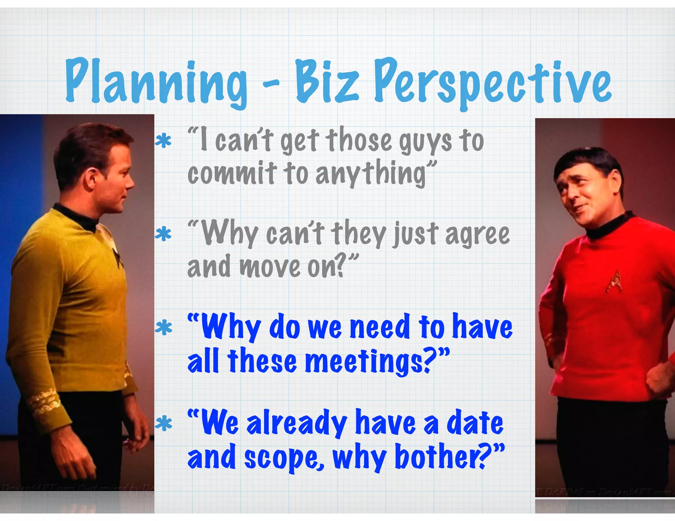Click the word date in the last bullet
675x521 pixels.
pos(475,423)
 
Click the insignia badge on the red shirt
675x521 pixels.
pos(614,282)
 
